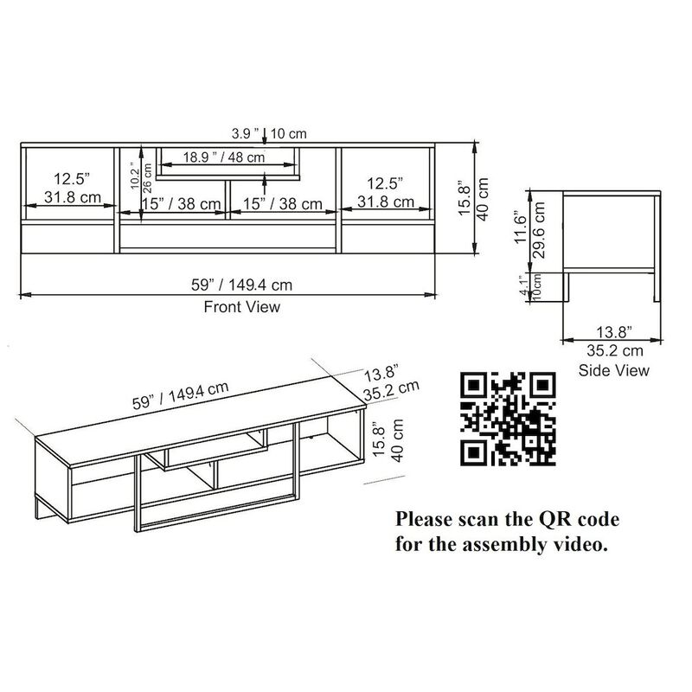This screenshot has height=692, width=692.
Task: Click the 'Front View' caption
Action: pos(241,307)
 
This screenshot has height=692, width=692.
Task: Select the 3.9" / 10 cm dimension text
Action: pos(269,134)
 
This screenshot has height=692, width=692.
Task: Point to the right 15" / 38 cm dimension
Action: pos(282,204)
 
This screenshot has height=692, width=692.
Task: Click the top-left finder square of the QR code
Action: pos(473,384)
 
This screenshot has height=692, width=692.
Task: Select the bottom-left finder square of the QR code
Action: pos(473,450)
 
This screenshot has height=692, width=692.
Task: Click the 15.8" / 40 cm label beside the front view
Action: pos(473,198)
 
